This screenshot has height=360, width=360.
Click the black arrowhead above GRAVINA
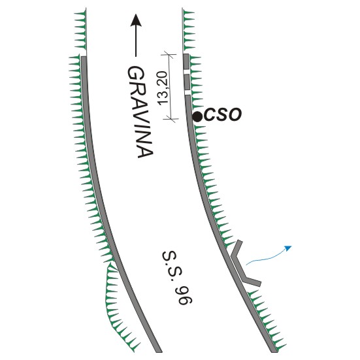(136, 20)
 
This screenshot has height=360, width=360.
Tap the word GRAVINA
(140, 112)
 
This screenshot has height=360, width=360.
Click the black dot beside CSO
(197, 117)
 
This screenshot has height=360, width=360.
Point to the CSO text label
(223, 114)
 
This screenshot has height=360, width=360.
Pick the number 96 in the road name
(185, 296)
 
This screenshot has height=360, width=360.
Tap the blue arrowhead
(288, 248)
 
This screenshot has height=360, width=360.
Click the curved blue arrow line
(267, 258)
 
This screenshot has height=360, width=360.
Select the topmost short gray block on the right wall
(186, 61)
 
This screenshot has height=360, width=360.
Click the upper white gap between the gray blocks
(186, 71)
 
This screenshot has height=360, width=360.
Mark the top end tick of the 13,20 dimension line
(169, 54)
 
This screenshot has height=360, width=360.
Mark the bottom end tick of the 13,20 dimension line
(171, 119)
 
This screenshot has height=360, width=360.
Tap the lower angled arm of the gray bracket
(252, 280)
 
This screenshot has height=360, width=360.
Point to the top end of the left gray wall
(84, 57)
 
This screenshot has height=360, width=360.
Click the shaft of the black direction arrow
(136, 41)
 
